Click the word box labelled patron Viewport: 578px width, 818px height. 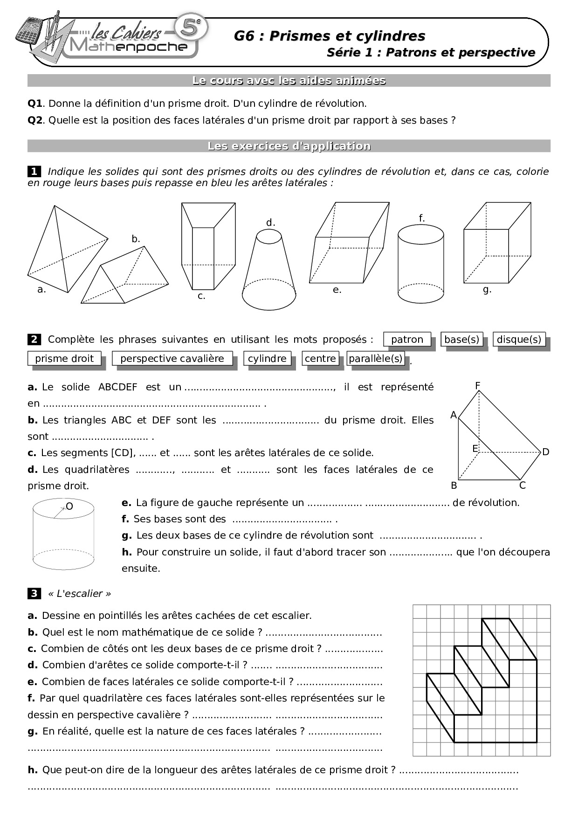(x=407, y=340)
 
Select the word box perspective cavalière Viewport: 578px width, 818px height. (x=172, y=359)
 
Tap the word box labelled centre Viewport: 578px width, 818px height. (x=320, y=359)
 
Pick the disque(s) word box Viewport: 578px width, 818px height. (x=519, y=340)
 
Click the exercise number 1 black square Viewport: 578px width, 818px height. (x=34, y=172)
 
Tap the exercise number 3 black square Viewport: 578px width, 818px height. (x=34, y=594)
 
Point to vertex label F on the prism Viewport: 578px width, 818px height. (x=478, y=386)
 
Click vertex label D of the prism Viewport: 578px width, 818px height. (x=546, y=452)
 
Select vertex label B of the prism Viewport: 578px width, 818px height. (x=454, y=485)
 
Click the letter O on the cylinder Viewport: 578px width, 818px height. (x=69, y=506)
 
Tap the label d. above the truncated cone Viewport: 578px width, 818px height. (x=271, y=222)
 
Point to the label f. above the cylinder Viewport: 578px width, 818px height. (x=421, y=218)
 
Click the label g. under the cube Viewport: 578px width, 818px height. (x=487, y=290)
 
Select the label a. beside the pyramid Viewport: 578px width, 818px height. (x=41, y=290)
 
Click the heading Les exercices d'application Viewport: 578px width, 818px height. (x=289, y=146)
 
